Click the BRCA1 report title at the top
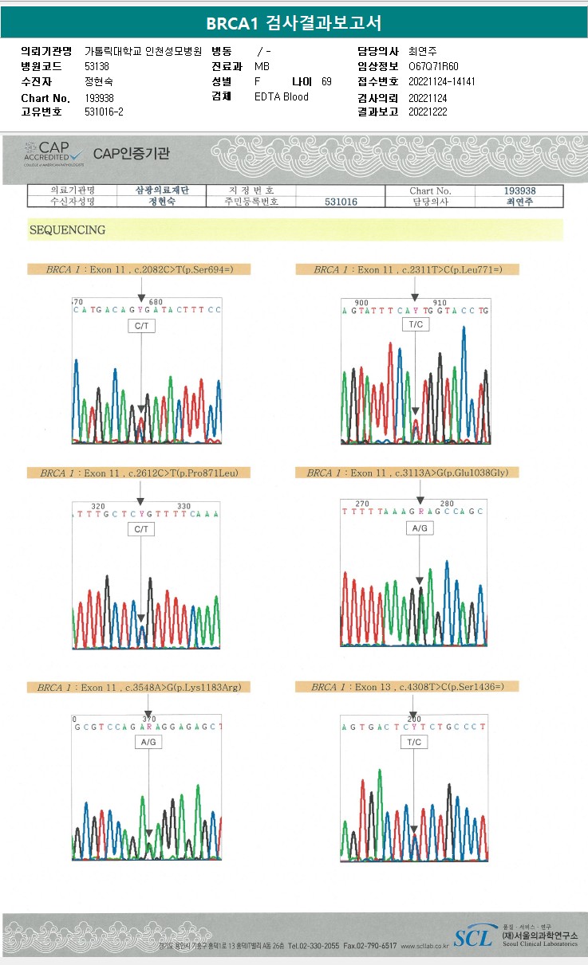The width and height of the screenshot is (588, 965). pyautogui.click(x=294, y=23)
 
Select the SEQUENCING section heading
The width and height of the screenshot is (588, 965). pyautogui.click(x=67, y=230)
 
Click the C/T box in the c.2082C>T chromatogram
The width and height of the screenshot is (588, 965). pyautogui.click(x=140, y=326)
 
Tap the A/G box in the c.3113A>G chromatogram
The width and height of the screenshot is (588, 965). pyautogui.click(x=420, y=528)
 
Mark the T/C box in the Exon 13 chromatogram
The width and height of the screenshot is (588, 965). pyautogui.click(x=413, y=742)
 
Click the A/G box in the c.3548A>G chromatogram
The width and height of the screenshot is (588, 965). pyautogui.click(x=148, y=742)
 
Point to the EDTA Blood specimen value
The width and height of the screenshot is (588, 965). pyautogui.click(x=281, y=97)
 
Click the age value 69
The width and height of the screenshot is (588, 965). pyautogui.click(x=326, y=82)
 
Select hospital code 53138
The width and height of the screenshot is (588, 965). pyautogui.click(x=97, y=67)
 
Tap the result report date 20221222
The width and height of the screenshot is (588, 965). pyautogui.click(x=428, y=112)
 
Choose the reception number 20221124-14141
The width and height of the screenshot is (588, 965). pyautogui.click(x=441, y=82)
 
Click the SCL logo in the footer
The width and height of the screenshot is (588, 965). pyautogui.click(x=473, y=937)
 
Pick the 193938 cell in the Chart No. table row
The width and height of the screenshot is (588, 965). pyautogui.click(x=519, y=191)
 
